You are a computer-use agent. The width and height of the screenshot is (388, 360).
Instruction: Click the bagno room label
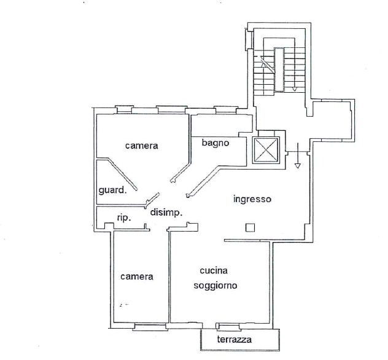215,143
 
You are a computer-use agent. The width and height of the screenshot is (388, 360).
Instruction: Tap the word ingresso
252,199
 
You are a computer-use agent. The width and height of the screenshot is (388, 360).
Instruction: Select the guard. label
112,190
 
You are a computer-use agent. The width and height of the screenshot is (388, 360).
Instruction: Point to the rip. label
124,218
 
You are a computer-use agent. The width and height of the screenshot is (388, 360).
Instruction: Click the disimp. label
166,213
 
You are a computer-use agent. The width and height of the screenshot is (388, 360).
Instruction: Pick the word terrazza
235,339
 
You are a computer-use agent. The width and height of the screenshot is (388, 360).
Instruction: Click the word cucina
214,271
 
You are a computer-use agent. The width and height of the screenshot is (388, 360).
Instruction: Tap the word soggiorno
215,286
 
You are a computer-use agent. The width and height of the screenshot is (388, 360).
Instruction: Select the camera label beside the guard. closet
142,146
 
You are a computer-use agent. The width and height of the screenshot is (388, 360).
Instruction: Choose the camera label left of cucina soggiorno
136,276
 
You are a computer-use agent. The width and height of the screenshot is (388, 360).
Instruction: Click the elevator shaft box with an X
266,150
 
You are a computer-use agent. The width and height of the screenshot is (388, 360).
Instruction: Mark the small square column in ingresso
250,227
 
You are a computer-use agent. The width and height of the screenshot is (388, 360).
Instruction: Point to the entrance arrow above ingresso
298,155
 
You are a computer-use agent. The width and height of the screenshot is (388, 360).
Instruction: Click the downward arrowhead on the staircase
295,89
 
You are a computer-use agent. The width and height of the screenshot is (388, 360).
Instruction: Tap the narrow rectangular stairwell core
279,70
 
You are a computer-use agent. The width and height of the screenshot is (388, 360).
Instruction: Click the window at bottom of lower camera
150,327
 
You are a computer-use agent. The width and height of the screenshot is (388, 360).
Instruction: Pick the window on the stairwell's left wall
249,39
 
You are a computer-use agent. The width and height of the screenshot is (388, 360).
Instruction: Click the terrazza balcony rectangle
240,340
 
